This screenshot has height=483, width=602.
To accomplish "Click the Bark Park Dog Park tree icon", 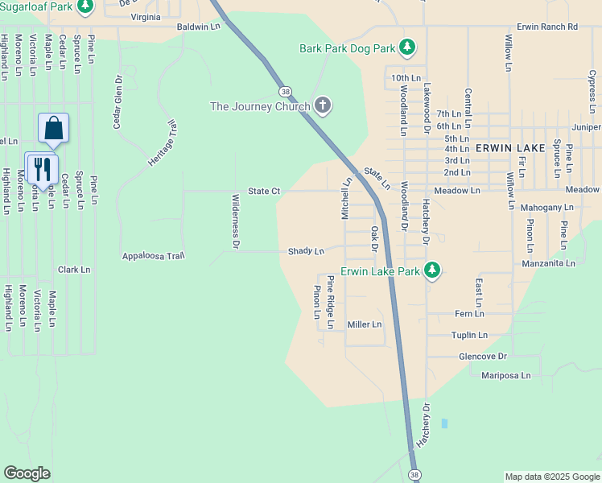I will (408, 48).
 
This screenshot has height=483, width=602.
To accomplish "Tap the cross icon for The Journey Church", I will (323, 105).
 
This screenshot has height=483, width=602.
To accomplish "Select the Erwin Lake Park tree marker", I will (433, 270).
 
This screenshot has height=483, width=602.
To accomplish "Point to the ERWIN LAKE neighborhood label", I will (510, 148).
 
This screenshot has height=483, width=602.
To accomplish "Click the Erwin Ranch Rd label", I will (547, 27).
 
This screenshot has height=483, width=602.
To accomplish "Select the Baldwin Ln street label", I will (199, 27).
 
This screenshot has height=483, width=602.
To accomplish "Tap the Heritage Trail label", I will (161, 143).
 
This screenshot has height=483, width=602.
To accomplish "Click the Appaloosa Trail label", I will (154, 256).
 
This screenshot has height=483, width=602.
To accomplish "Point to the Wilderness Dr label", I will (236, 221).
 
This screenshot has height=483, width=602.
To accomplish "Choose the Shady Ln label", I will (306, 251).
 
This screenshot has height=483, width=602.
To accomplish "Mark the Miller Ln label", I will (364, 324).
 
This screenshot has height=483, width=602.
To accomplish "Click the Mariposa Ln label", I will (505, 375).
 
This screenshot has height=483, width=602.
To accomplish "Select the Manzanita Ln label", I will (548, 263).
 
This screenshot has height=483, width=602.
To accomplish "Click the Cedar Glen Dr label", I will (118, 102).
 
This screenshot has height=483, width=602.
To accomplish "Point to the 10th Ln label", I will (406, 77).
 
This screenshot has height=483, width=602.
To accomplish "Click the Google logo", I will (27, 473).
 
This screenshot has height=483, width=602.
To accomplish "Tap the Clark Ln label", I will (74, 270).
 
